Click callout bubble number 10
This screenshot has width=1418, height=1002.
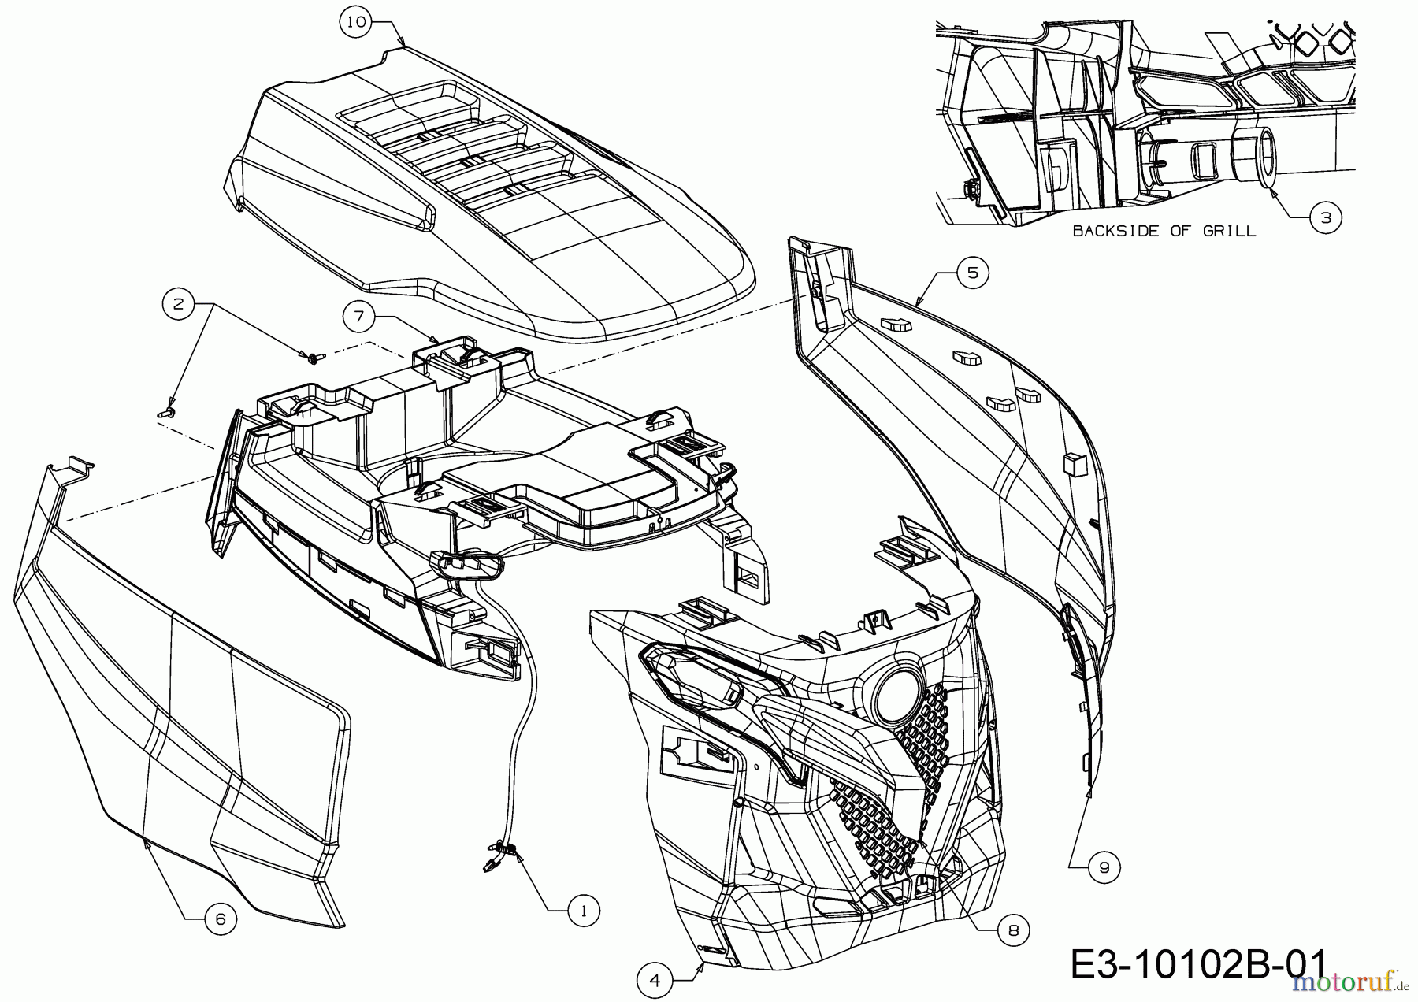[356, 22]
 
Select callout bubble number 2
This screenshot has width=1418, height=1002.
[179, 303]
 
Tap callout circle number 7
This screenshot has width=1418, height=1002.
[359, 317]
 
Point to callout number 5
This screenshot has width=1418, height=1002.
[972, 273]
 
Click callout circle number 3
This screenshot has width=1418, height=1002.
[1326, 217]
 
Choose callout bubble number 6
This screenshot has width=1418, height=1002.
[220, 919]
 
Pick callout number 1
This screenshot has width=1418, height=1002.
[583, 911]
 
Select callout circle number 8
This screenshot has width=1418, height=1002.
[1013, 930]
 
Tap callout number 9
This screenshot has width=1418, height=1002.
[1104, 867]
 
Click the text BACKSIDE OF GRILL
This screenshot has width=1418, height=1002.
[1164, 231]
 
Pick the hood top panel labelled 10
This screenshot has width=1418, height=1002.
[488, 189]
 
